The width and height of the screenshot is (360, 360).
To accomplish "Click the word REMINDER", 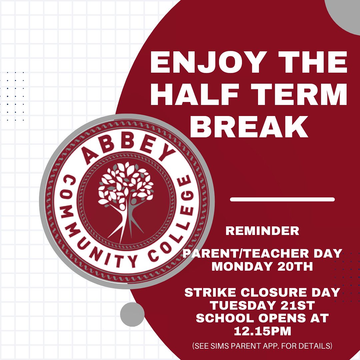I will coord(262,231).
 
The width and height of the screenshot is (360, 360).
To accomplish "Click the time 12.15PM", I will coord(262,331).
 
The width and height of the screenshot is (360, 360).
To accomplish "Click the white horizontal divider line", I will coord(282,199).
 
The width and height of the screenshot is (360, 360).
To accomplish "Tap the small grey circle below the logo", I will coord(132,314).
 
